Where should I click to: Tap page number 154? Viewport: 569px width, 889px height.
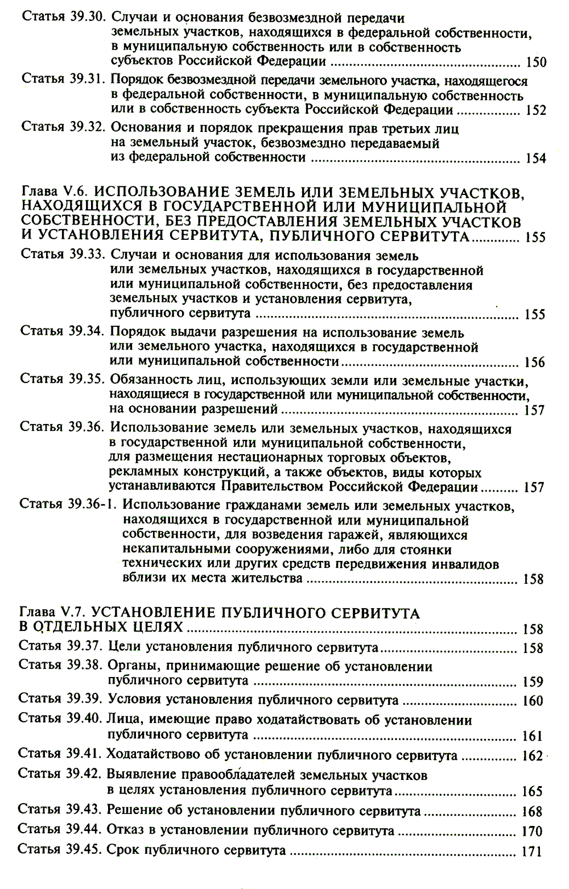pos(535,159)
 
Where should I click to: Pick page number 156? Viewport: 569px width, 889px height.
pos(534,363)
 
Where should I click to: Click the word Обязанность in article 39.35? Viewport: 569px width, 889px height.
pos(148,379)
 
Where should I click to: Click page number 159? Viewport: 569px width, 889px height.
pos(533,682)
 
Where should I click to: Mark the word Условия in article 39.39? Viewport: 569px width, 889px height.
pos(135,699)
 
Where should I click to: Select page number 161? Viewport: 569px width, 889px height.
pos(533,737)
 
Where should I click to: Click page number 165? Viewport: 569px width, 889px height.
pos(533,792)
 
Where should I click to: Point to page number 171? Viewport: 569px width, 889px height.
pos(532,852)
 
